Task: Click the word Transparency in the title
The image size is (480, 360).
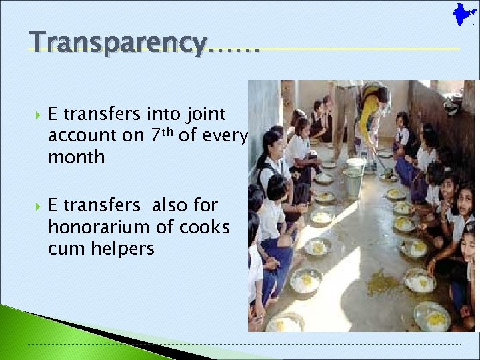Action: click(119, 42)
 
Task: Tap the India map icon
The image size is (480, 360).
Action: click(461, 15)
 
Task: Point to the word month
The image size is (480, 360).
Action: click(76, 157)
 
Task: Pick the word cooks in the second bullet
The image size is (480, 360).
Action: click(203, 227)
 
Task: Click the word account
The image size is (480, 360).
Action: click(77, 136)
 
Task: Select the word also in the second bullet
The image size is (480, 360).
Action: click(169, 206)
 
